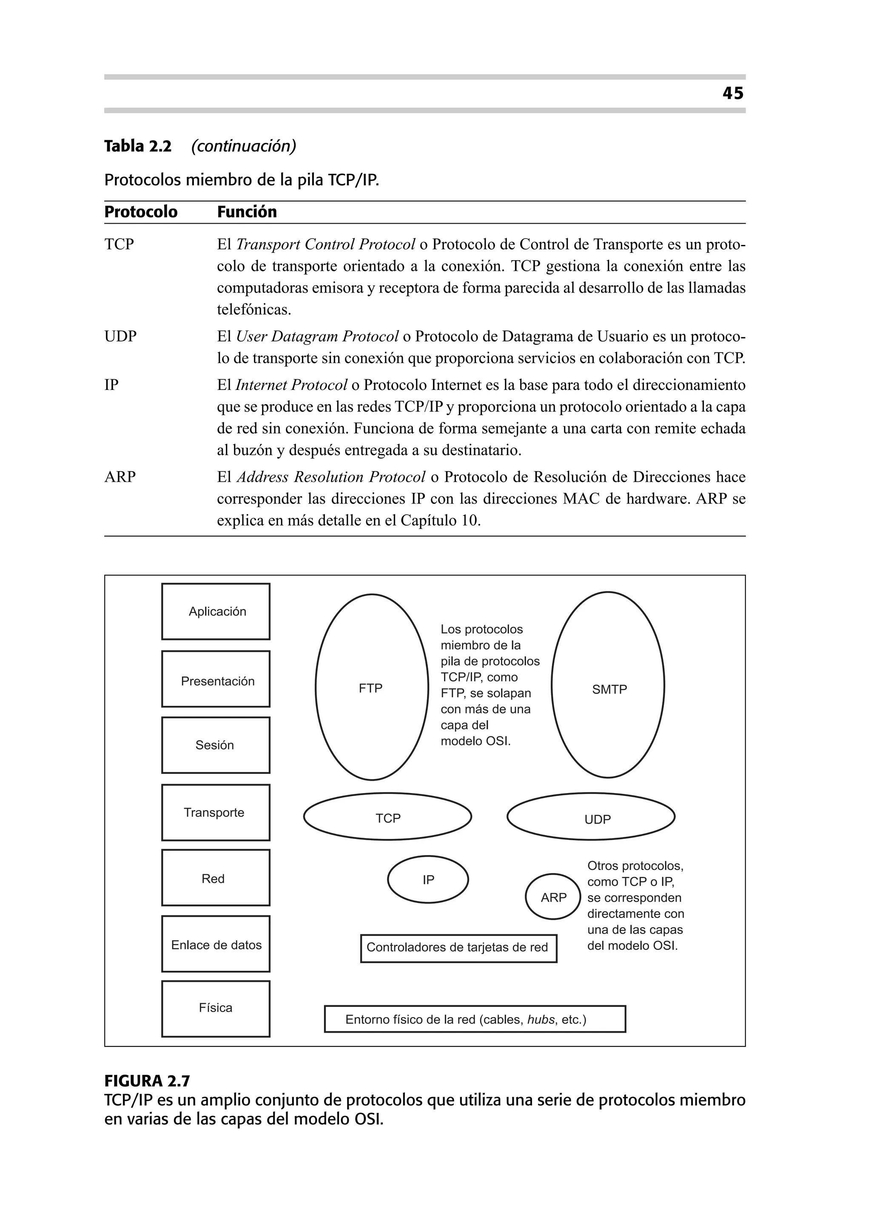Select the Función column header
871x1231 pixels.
[247, 212]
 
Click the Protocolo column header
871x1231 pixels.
[140, 212]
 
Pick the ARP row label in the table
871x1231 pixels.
[120, 477]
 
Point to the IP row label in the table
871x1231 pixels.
[111, 385]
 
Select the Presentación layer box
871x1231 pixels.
[216, 679]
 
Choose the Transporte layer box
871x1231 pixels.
[216, 812]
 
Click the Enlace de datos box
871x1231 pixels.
[216, 945]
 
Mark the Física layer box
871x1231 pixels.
[216, 1009]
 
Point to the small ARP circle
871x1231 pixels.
[553, 898]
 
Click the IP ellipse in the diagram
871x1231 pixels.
[428, 879]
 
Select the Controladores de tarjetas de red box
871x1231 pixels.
[458, 948]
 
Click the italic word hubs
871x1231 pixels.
[541, 1019]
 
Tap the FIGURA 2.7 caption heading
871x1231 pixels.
[147, 1081]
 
